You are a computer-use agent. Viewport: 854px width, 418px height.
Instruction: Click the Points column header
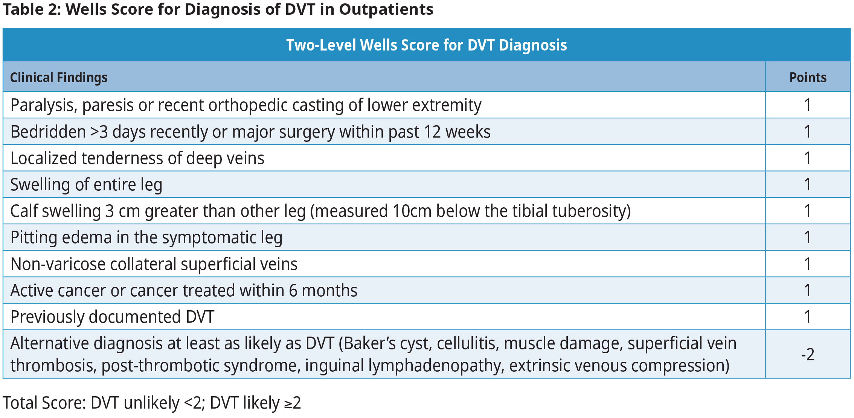[808, 78]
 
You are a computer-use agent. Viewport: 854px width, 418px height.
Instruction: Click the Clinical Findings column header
[59, 78]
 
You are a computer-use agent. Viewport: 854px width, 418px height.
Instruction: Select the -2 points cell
[808, 355]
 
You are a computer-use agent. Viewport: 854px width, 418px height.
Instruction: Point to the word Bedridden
[48, 132]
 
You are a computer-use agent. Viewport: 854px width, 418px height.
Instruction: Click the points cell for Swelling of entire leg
[808, 185]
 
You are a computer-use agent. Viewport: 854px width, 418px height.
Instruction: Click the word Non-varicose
[58, 264]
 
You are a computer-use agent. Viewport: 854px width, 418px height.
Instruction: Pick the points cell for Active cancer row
[808, 291]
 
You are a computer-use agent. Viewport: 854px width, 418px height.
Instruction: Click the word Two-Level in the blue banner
[320, 45]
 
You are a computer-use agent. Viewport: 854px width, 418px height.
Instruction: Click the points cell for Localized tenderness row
[808, 158]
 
